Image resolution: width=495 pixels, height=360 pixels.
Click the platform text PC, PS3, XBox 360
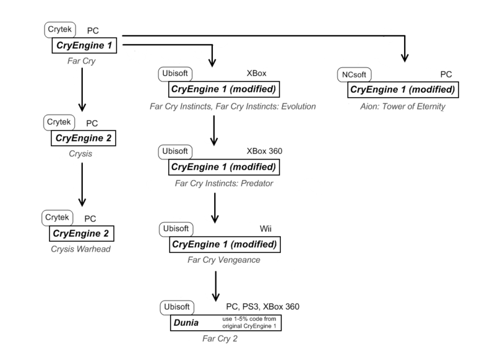pyautogui.click(x=263, y=307)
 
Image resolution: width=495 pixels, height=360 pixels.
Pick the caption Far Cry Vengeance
pyautogui.click(x=223, y=260)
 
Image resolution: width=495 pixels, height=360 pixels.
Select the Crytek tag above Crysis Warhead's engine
pyautogui.click(x=58, y=218)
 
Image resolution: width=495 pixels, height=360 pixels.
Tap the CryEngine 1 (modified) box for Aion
pyautogui.click(x=403, y=90)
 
